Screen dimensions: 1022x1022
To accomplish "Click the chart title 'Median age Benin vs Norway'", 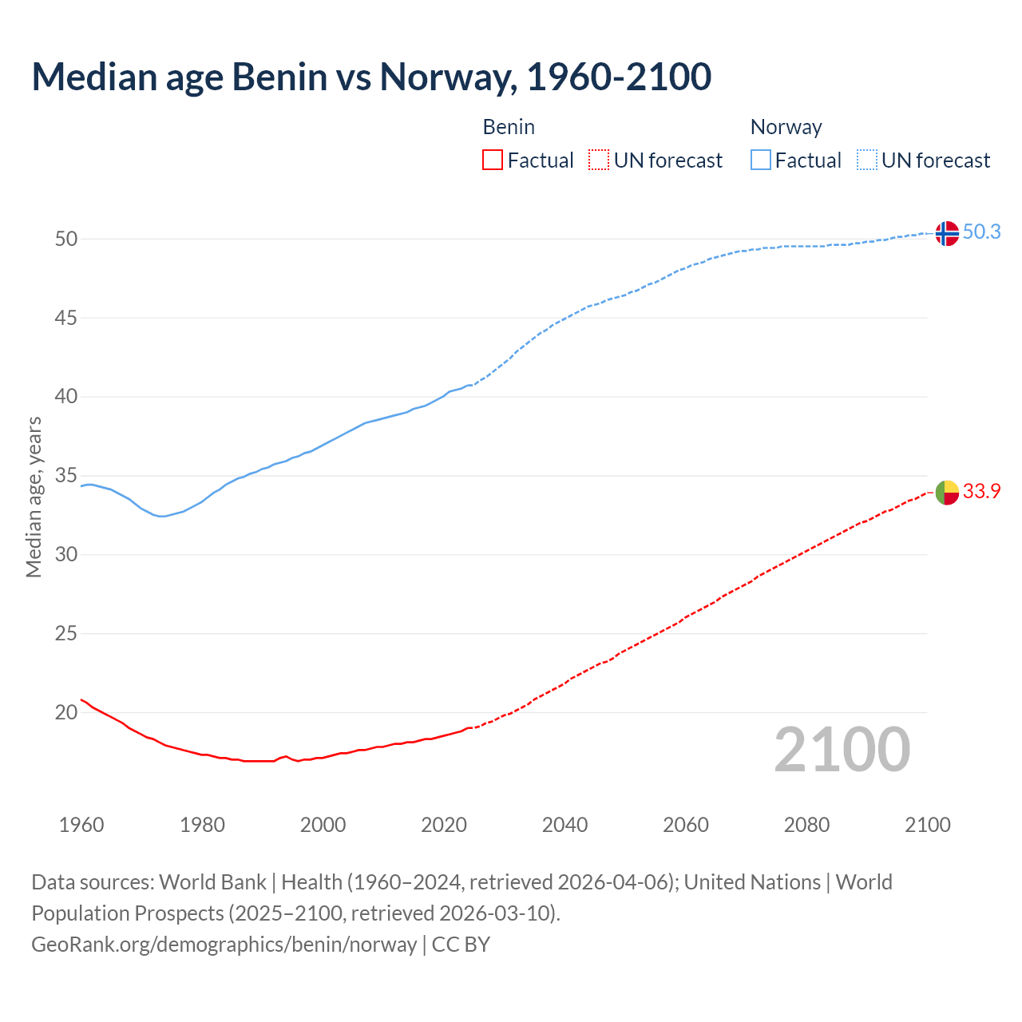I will [371, 77].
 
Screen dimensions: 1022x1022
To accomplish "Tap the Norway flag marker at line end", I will [946, 233].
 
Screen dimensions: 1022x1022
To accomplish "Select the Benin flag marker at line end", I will [946, 493].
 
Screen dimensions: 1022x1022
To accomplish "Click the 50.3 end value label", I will [981, 232].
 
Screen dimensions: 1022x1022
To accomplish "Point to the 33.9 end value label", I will [981, 491].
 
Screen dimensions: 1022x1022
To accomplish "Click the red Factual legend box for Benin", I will [493, 160].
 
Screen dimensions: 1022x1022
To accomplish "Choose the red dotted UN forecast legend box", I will [599, 160].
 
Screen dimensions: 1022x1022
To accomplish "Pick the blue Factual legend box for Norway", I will [761, 160].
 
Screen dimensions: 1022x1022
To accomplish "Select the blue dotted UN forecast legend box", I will [867, 160].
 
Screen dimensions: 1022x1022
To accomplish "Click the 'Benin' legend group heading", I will [509, 127].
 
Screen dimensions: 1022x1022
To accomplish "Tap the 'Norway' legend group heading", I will [786, 127].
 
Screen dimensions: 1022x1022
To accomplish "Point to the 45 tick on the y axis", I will [66, 318].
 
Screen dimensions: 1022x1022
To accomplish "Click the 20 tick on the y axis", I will [66, 712].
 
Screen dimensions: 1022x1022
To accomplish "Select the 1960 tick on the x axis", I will [81, 825].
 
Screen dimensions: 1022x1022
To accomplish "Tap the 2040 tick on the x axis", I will [564, 825].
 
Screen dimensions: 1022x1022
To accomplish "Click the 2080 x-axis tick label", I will [806, 825].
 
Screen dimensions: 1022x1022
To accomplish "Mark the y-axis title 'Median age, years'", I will [34, 497].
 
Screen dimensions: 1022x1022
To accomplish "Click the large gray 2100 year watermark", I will [842, 750].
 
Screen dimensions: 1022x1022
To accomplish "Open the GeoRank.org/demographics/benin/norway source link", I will [224, 945].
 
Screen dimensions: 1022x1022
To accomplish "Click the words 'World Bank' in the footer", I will [212, 882].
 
